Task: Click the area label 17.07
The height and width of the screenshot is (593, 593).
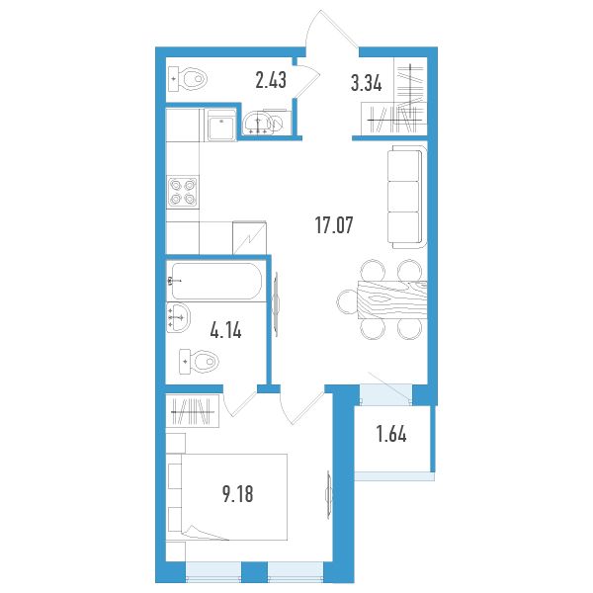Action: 334,225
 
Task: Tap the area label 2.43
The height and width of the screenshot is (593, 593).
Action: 271,80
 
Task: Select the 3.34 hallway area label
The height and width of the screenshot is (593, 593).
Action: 366,83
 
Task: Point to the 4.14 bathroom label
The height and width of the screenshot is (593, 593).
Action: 225,330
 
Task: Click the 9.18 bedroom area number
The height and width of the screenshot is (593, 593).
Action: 238,494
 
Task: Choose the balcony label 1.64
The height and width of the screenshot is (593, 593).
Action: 391,434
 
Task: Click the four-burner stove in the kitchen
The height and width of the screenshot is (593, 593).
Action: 183,192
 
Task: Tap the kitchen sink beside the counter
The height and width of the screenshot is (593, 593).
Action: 220,125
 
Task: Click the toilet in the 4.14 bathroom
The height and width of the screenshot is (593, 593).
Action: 199,362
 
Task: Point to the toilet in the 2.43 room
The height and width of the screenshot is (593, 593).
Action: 188,79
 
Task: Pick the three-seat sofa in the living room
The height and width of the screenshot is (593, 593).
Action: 407,197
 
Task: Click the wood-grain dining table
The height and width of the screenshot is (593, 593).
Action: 392,299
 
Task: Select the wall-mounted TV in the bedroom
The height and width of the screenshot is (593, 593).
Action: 328,495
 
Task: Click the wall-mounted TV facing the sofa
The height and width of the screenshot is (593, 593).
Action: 276,304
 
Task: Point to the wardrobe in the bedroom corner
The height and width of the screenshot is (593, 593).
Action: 193,411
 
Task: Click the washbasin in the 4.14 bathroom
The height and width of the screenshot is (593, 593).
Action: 178,317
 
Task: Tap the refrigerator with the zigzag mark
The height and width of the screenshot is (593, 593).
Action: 249,237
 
